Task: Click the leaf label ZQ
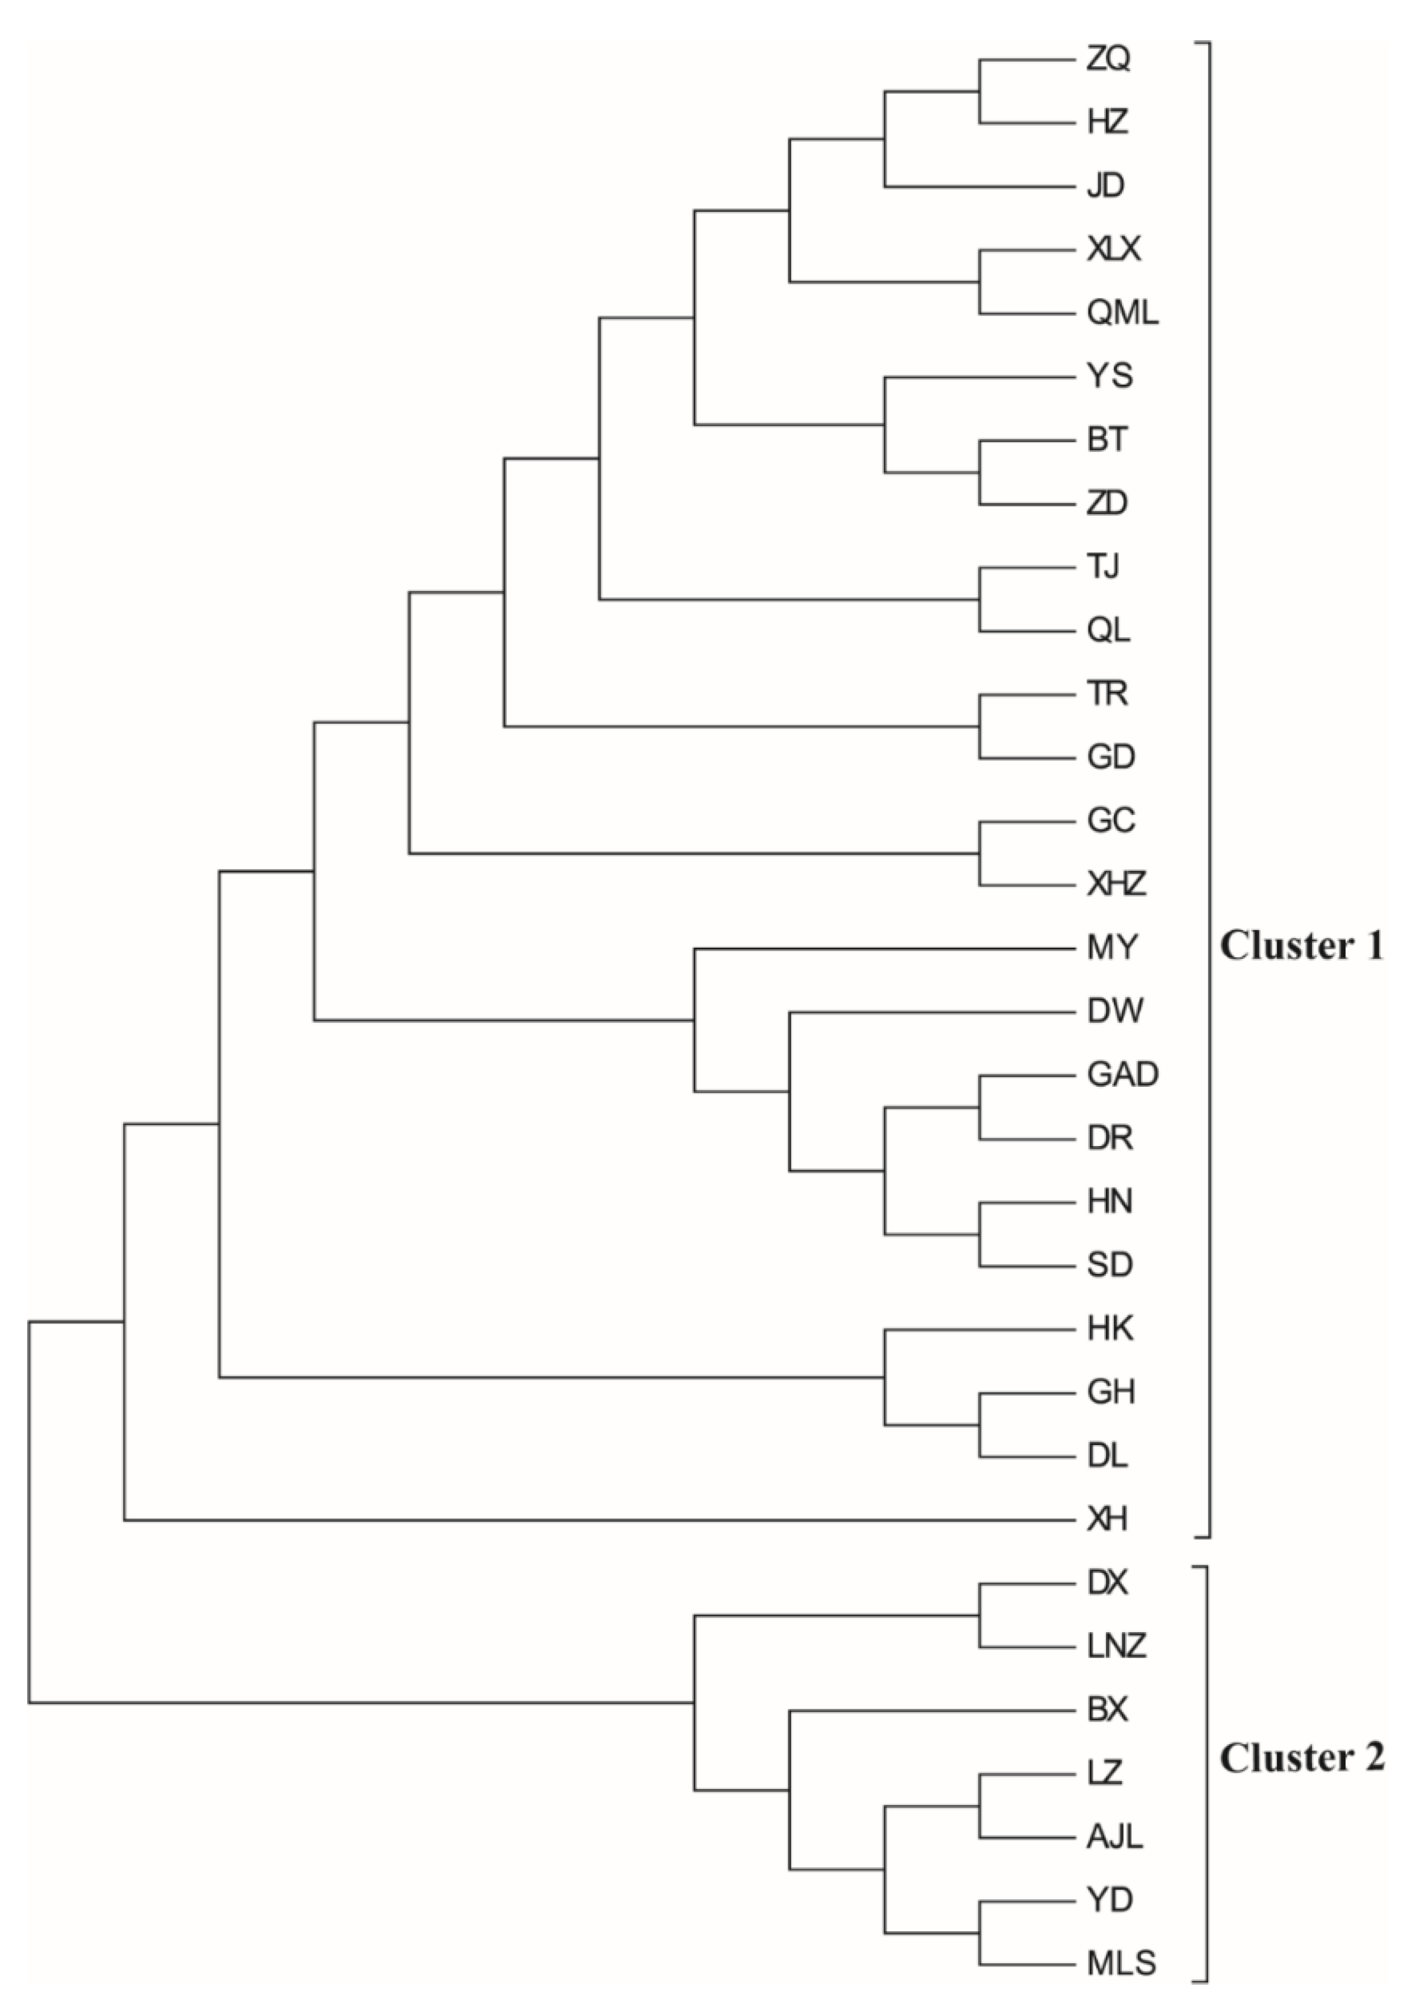[x=1108, y=60]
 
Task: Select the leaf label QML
[x=1122, y=313]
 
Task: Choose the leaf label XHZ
[x=1116, y=885]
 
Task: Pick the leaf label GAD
[x=1122, y=1074]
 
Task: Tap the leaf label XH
[x=1107, y=1520]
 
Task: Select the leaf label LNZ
[x=1116, y=1646]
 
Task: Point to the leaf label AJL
[x=1114, y=1837]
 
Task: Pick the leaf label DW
[x=1114, y=1011]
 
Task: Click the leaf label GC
[x=1111, y=821]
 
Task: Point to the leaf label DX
[x=1107, y=1582]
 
